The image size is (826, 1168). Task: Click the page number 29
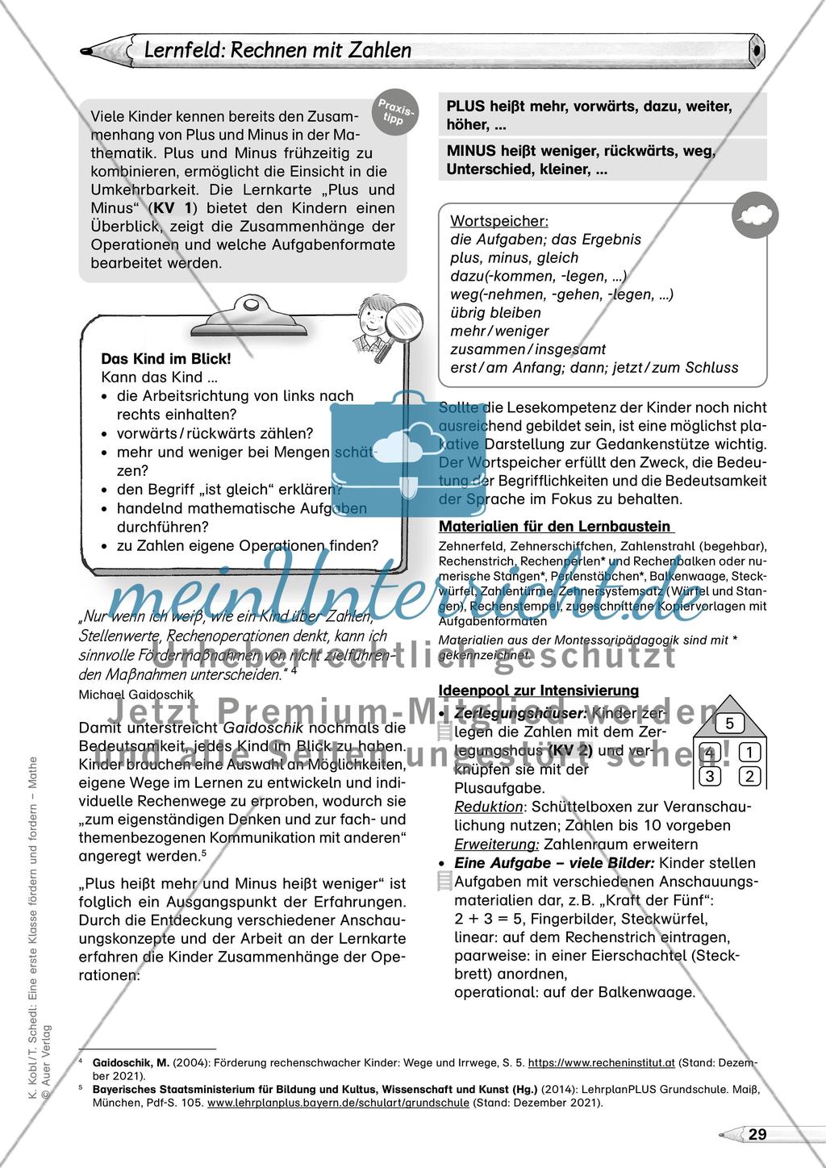pyautogui.click(x=757, y=1134)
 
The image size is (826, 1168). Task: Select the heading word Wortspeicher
pyautogui.click(x=488, y=220)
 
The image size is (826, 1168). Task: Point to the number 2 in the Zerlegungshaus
pyautogui.click(x=749, y=777)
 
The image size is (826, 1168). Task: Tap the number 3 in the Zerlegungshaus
pyautogui.click(x=710, y=777)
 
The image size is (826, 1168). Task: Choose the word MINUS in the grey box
pyautogui.click(x=469, y=151)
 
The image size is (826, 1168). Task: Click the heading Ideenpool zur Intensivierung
pyautogui.click(x=538, y=690)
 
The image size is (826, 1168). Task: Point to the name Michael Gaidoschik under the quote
pyautogui.click(x=136, y=693)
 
